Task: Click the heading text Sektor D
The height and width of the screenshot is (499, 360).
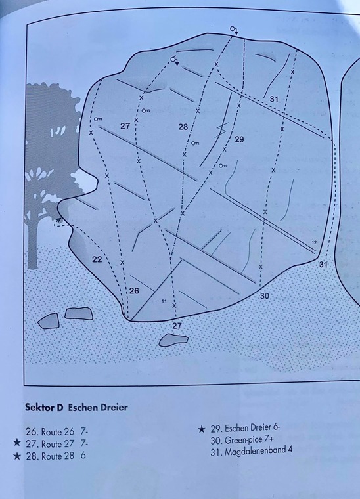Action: (44, 407)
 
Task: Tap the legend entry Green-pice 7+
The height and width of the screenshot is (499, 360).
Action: (242, 440)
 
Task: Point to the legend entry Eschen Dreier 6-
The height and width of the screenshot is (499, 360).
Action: (245, 429)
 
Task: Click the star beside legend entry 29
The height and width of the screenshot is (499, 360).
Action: (201, 429)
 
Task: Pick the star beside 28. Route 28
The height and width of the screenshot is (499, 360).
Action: (17, 456)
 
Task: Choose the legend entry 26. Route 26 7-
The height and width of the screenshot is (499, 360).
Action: (56, 432)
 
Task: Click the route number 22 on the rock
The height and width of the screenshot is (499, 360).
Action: (97, 259)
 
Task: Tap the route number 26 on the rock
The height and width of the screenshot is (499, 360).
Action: (134, 291)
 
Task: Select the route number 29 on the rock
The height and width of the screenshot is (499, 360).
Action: (239, 139)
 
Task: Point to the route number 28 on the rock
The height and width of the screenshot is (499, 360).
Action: (183, 127)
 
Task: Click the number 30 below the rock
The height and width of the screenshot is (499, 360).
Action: (265, 296)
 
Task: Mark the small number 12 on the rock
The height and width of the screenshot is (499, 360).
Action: (314, 242)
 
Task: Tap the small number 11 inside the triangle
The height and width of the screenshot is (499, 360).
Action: (164, 301)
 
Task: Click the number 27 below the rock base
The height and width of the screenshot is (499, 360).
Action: (177, 326)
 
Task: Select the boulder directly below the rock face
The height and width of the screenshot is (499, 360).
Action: (173, 340)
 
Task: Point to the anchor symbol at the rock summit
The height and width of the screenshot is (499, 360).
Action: (235, 30)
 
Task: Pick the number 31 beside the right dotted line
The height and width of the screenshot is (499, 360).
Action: (323, 264)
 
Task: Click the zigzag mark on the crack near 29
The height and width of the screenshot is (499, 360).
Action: (222, 129)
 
